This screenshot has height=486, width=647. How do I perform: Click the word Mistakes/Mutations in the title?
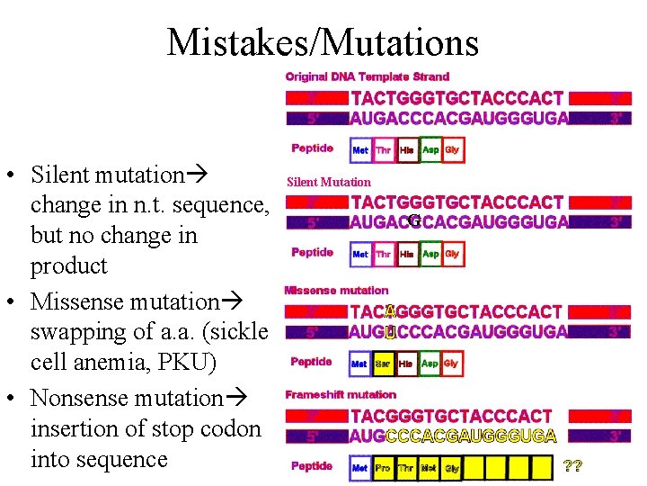[323, 42]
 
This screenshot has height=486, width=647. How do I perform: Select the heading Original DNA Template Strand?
[368, 76]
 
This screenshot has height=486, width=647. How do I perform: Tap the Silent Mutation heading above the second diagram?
[328, 182]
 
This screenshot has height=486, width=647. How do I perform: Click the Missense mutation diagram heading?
[336, 290]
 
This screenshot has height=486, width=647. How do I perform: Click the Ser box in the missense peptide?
[383, 364]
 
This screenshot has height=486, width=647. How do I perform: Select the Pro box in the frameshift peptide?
[383, 469]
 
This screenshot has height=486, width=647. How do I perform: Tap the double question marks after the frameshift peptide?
[572, 467]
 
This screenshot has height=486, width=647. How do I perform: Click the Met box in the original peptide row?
[360, 150]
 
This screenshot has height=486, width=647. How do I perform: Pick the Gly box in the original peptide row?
[452, 150]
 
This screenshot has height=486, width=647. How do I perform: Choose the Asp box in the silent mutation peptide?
[430, 255]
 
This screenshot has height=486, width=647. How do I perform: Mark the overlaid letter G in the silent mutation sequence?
[413, 220]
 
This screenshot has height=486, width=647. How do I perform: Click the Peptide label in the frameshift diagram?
[312, 466]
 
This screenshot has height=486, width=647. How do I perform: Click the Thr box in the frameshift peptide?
[406, 469]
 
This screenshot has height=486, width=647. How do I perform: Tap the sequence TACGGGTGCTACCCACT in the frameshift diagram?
[451, 417]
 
